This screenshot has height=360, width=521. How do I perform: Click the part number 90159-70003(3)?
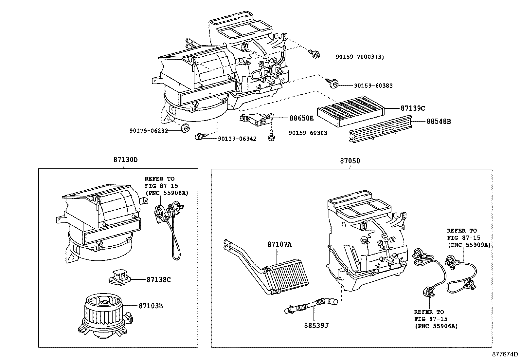pos(360,57)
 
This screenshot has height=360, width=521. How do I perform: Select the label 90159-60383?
pos(373,86)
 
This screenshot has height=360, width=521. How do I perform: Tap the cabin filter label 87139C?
pos(413,108)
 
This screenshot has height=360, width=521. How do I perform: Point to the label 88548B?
pos(439,122)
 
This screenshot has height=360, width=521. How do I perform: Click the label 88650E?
pos(301,118)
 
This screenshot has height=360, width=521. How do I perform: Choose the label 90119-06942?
pos(237,139)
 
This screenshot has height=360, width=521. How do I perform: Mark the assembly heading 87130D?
pos(125,160)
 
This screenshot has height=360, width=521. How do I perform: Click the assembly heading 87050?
pos(350,161)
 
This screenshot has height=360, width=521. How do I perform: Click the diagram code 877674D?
pos(506,355)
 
